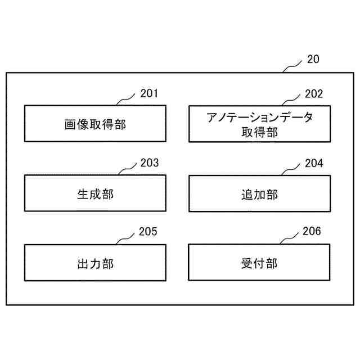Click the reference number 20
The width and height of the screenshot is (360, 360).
click(313, 59)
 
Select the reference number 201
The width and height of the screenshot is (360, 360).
click(149, 93)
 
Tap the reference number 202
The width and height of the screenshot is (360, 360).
click(313, 93)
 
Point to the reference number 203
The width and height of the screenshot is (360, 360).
click(149, 163)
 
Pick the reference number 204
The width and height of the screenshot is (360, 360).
click(313, 163)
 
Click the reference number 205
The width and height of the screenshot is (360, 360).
click(148, 232)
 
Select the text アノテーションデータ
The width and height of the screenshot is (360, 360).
click(259, 118)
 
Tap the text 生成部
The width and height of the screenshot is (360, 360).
click(95, 194)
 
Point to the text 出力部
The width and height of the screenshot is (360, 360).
click(95, 263)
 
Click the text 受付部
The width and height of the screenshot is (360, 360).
click(258, 263)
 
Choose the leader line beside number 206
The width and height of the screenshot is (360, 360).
click(290, 238)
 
